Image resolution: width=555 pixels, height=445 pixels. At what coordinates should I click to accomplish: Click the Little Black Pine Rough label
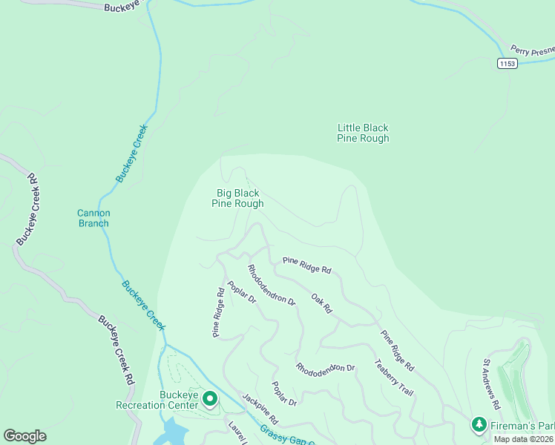(363, 133)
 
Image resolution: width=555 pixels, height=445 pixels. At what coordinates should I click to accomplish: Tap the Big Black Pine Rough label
(237, 198)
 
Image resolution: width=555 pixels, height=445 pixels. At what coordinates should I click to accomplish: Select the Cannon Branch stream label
(93, 218)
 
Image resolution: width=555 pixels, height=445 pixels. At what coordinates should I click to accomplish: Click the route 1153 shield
(507, 64)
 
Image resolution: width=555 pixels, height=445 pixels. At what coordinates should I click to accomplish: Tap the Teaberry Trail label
(393, 377)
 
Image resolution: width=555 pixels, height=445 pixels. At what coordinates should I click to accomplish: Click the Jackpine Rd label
(259, 409)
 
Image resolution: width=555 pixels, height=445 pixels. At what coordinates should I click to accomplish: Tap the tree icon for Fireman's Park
(479, 424)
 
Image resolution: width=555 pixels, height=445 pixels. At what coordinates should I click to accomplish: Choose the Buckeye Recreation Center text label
(157, 399)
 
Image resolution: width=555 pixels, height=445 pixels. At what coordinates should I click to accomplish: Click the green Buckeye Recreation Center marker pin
(210, 399)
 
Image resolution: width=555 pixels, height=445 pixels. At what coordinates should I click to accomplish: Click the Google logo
(24, 436)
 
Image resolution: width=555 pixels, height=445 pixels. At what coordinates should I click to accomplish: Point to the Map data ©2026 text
(524, 438)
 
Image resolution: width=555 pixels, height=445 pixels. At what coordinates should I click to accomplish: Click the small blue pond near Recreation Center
(173, 429)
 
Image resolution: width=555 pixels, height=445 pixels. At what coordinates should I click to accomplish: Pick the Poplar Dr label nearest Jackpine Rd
(284, 393)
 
